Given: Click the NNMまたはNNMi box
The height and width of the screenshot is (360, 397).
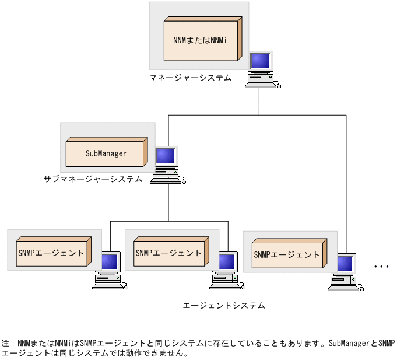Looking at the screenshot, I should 199,40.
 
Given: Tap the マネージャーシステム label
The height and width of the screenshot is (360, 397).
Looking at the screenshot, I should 190,78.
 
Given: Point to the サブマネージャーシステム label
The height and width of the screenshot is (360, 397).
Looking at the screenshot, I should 93,179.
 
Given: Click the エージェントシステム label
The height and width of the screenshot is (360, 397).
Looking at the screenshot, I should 224,305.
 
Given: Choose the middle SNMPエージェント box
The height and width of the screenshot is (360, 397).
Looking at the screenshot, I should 168,253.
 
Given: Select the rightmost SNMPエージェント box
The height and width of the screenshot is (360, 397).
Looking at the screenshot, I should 286,255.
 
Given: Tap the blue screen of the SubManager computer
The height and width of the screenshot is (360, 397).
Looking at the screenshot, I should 166,156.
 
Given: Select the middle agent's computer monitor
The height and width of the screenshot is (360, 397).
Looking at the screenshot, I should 227,263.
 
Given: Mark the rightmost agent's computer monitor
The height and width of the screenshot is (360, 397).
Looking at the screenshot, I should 345,264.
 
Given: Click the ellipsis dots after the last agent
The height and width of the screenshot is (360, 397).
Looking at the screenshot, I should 381,267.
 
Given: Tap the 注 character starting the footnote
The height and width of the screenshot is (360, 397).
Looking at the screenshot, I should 6,343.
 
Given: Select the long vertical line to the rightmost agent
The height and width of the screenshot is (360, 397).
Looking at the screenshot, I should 346,181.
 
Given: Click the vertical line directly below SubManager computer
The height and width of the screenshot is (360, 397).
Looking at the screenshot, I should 168,201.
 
